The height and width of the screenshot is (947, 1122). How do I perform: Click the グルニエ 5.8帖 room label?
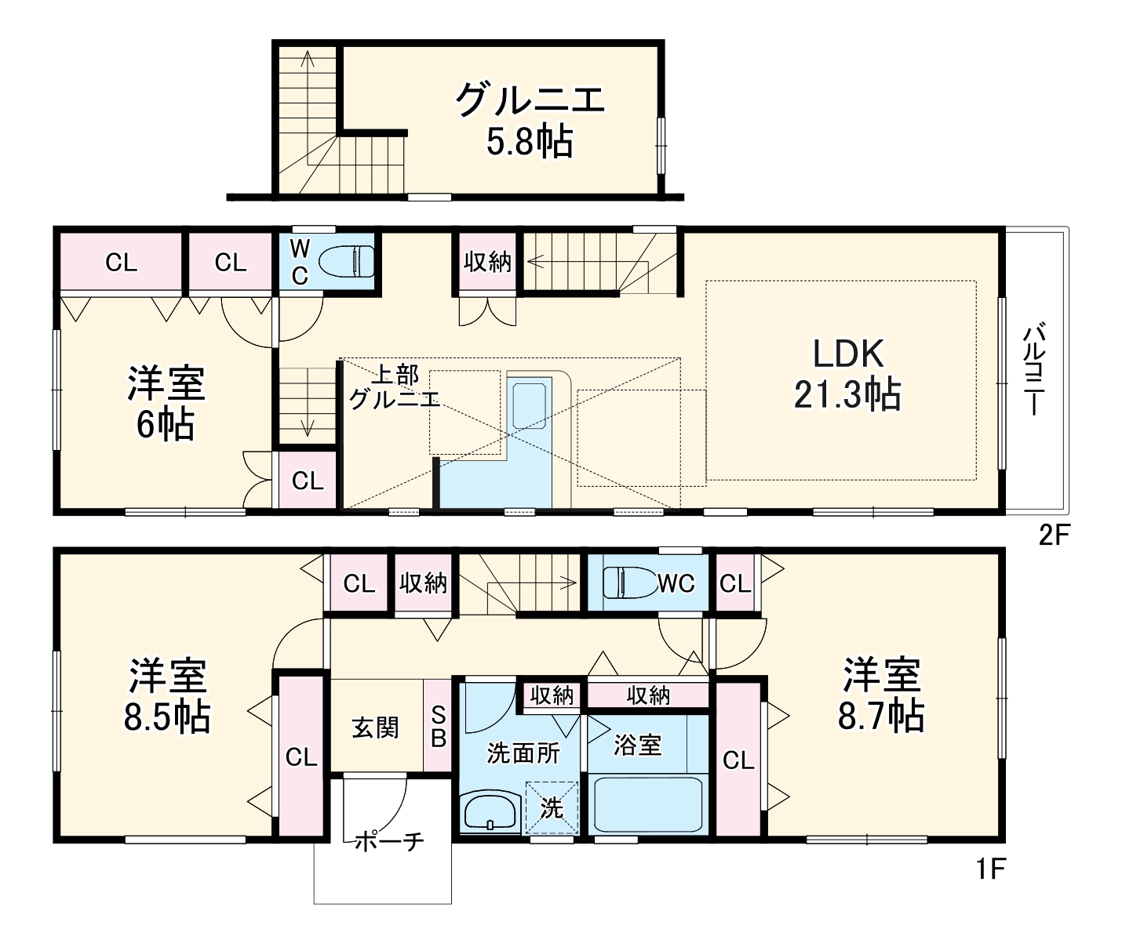(530, 120)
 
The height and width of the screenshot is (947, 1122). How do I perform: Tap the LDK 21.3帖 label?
(847, 374)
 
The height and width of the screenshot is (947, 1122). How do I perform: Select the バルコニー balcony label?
(1034, 368)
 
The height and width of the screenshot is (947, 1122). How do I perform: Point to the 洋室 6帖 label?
(166, 403)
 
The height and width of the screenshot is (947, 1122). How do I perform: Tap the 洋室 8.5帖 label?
(167, 695)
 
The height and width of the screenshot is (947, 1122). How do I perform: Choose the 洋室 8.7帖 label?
(880, 695)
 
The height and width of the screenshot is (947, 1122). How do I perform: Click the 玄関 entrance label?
(375, 727)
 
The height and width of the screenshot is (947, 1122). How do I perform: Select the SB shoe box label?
(438, 727)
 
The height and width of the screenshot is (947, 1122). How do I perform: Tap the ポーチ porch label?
(389, 841)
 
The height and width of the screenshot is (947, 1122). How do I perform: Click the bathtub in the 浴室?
(647, 804)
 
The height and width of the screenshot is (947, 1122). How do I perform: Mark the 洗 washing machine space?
(552, 807)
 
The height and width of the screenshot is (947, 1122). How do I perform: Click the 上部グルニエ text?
(395, 386)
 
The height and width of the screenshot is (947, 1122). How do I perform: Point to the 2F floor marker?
(1054, 535)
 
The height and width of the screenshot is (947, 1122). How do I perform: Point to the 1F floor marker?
(990, 868)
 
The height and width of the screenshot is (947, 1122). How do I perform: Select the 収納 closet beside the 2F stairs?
(487, 261)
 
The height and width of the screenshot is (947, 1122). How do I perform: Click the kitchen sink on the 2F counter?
(529, 405)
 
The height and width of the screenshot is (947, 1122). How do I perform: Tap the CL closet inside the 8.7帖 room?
(738, 760)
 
